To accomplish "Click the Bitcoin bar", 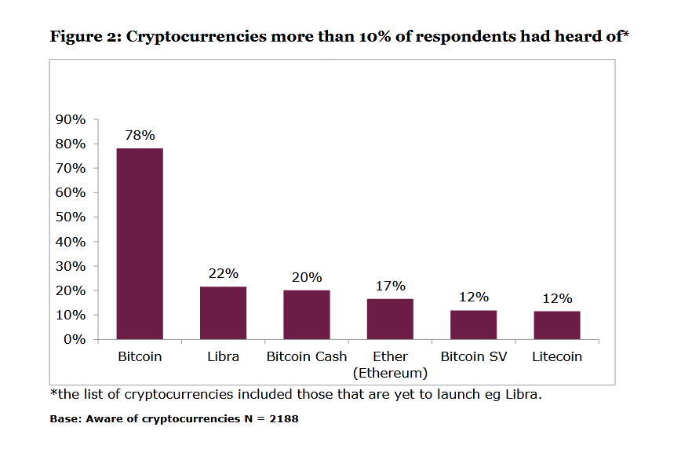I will click(x=140, y=243).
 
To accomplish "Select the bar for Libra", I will click(x=223, y=312).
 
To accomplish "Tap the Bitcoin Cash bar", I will click(x=307, y=314).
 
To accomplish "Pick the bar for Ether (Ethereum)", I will click(x=390, y=319).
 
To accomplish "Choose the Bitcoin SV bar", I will click(x=474, y=324).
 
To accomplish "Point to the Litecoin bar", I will click(x=557, y=325).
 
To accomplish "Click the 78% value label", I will click(x=140, y=135).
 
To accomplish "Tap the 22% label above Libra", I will click(x=223, y=274).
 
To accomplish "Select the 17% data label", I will click(x=390, y=286).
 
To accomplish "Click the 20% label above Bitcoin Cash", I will click(x=307, y=277).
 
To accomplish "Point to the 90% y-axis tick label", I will click(x=70, y=119).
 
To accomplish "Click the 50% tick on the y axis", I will click(x=70, y=217).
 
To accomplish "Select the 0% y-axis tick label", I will click(x=75, y=340).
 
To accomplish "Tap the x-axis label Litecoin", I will click(x=557, y=356).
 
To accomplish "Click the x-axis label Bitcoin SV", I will click(x=474, y=356).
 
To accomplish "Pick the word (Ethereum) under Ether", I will click(x=390, y=372).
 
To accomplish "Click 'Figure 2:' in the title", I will click(x=85, y=36).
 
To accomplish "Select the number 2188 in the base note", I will click(x=282, y=419).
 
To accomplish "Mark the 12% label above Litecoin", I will click(x=557, y=298).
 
